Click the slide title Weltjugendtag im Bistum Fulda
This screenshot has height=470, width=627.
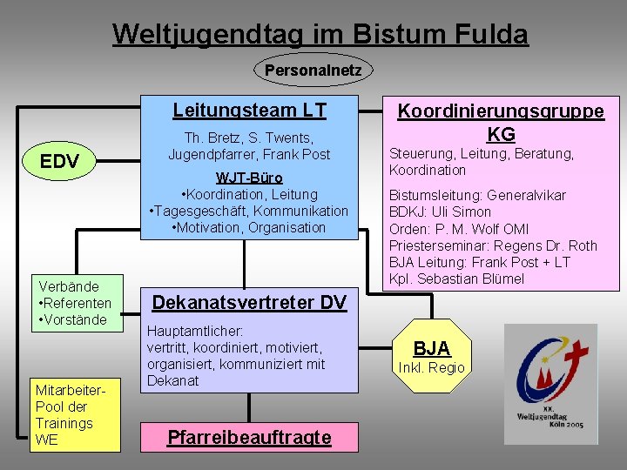[x=320, y=34]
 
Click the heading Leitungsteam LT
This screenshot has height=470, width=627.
[x=249, y=111]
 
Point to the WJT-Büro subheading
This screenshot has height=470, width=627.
[x=249, y=178]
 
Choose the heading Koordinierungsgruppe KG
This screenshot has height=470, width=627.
[x=501, y=122]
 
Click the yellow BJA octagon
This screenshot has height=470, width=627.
[x=432, y=350]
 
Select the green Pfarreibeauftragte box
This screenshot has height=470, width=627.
[x=249, y=437]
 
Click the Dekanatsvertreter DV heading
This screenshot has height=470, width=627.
[x=249, y=303]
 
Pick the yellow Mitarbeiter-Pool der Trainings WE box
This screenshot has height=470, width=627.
[x=75, y=415]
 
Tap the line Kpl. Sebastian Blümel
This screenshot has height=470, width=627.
[x=456, y=279]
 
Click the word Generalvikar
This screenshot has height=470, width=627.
[x=526, y=195]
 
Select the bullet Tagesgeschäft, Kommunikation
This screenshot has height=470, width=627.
[x=249, y=211]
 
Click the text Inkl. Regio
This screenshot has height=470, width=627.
[x=432, y=367]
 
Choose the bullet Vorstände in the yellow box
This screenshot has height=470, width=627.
[x=73, y=319]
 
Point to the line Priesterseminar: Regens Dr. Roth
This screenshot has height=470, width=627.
[x=493, y=245]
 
